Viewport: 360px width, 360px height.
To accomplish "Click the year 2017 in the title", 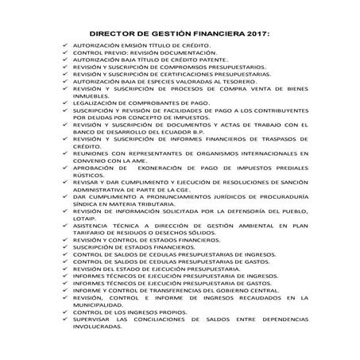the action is (x=254, y=34).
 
